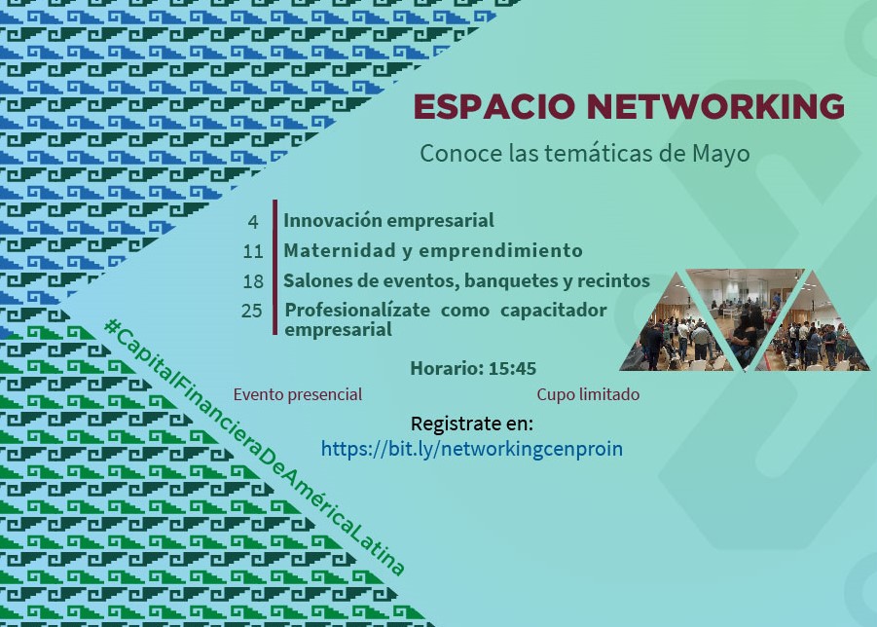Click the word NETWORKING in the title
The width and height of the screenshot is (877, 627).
pos(715,106)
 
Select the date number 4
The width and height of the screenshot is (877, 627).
pos(253,222)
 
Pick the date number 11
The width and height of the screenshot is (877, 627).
pos(253,252)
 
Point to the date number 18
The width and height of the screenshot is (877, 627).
pos(253,281)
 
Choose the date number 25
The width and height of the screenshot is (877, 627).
pos(252,311)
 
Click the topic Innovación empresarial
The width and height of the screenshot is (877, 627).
pos(388,221)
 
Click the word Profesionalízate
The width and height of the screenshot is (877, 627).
pos(357,310)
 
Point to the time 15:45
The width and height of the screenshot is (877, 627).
pos(512,369)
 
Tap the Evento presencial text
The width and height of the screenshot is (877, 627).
pos(298,395)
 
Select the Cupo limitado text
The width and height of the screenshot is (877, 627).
pos(588,395)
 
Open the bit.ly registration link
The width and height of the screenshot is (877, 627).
pos(471,449)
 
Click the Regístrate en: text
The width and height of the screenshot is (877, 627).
pos(472,424)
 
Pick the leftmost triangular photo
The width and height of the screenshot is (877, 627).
pos(676,335)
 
